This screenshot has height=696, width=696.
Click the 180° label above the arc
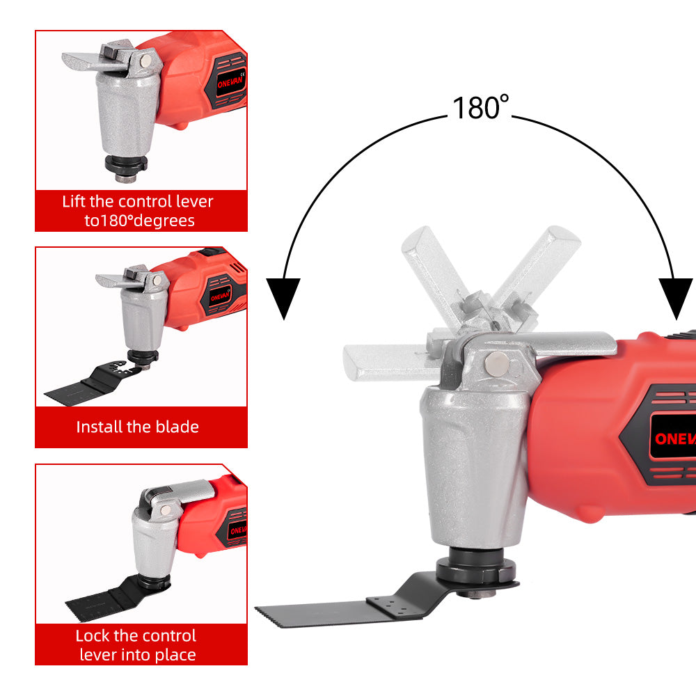(481, 107)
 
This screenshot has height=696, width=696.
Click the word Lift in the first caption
(75, 202)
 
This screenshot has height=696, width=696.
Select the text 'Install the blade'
(138, 427)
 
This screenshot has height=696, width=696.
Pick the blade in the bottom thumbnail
(104, 595)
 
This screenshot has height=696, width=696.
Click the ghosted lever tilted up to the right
(546, 261)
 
